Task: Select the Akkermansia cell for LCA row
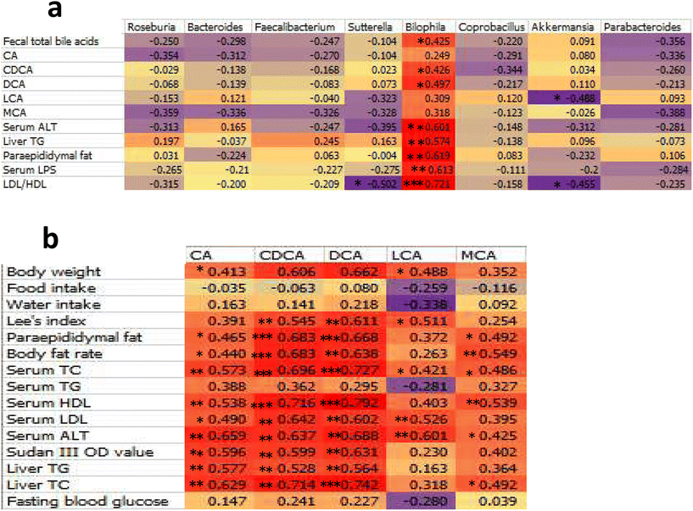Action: [x=564, y=98]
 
